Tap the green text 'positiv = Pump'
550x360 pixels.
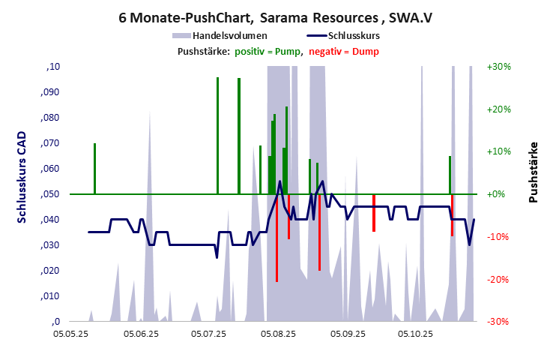point(268,51)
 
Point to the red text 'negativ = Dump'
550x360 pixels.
point(344,51)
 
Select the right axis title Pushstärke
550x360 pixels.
point(534,172)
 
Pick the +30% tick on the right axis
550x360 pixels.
point(499,67)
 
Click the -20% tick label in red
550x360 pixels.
point(499,279)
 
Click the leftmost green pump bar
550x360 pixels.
point(94,169)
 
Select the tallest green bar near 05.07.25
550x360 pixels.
point(217,135)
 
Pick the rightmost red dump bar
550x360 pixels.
point(452,215)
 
